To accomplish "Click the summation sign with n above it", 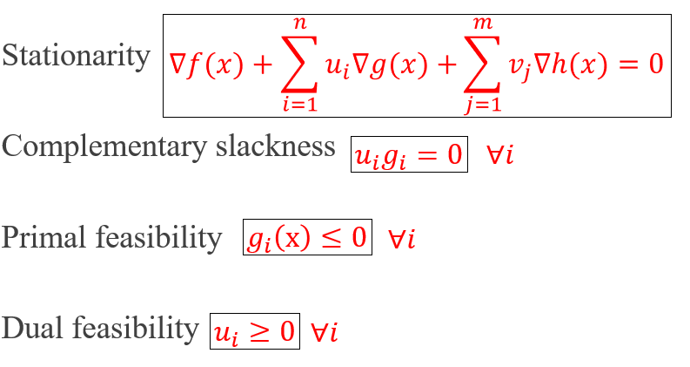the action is (299, 66).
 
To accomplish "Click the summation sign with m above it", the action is (482, 66).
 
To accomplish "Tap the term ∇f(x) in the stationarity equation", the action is (205, 65).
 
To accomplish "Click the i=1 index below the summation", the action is (299, 107).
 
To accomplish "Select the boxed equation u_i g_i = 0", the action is (409, 154).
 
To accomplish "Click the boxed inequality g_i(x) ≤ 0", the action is (307, 237).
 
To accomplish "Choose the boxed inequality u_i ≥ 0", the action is (255, 330).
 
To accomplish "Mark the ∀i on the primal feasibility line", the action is (401, 238).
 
